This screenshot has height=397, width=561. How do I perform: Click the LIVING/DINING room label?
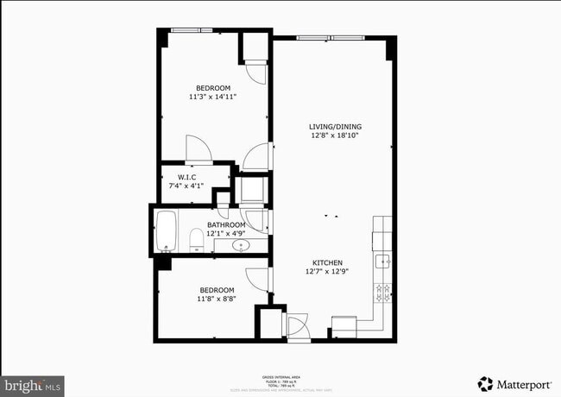pyautogui.click(x=336, y=127)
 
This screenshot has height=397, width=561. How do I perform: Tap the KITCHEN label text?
pyautogui.click(x=328, y=262)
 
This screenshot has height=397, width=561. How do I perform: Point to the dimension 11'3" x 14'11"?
pyautogui.click(x=212, y=97)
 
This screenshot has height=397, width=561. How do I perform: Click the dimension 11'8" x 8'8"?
pyautogui.click(x=217, y=299)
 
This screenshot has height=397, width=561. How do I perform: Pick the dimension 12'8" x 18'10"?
pyautogui.click(x=336, y=135)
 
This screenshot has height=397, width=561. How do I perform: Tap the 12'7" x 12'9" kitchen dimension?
pyautogui.click(x=328, y=271)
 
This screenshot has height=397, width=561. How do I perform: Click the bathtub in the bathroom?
pyautogui.click(x=167, y=230)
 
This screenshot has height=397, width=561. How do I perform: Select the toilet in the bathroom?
pyautogui.click(x=196, y=238)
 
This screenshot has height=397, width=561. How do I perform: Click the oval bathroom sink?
pyautogui.click(x=241, y=246)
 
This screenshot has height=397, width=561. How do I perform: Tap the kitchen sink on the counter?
pyautogui.click(x=382, y=260)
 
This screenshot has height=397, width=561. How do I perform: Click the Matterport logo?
pyautogui.click(x=516, y=382)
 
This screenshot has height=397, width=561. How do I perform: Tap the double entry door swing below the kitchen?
pyautogui.click(x=295, y=326)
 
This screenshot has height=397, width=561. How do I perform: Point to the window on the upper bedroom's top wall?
pyautogui.click(x=192, y=31)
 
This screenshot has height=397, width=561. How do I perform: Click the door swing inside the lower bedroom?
pyautogui.click(x=258, y=279)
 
